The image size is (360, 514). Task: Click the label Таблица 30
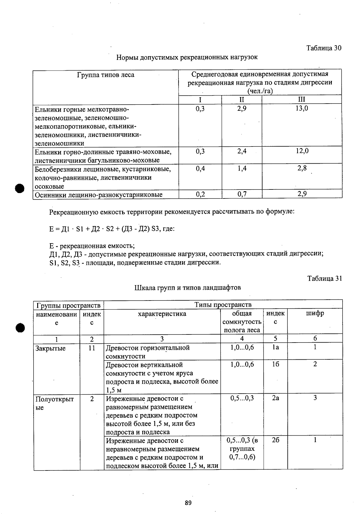click(323, 48)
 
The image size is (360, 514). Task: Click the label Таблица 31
click(324, 278)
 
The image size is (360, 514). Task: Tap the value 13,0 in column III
click(301, 108)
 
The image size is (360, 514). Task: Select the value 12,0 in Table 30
click(302, 151)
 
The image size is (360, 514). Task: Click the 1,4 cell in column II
click(242, 168)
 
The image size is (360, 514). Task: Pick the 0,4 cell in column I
click(200, 168)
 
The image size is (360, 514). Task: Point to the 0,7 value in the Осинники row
click(242, 194)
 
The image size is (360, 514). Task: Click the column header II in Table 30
click(242, 100)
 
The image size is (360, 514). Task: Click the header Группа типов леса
click(106, 75)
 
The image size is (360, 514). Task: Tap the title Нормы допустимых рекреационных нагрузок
click(187, 57)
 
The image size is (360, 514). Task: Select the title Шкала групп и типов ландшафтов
click(187, 288)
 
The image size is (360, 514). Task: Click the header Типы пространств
click(223, 305)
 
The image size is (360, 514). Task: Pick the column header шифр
click(315, 313)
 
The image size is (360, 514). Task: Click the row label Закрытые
click(50, 348)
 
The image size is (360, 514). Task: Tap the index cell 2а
click(275, 398)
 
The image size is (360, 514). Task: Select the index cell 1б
click(275, 364)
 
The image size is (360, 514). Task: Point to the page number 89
click(188, 503)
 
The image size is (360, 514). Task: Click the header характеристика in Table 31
click(162, 314)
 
